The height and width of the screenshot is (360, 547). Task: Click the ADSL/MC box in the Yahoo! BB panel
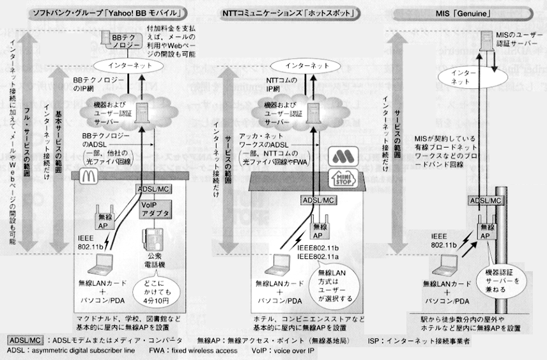[x=151, y=189]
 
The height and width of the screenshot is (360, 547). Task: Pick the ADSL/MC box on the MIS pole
[x=483, y=201]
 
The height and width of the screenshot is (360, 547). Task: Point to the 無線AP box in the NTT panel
[x=317, y=223]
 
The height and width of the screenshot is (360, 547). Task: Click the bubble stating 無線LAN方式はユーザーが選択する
[x=330, y=285]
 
